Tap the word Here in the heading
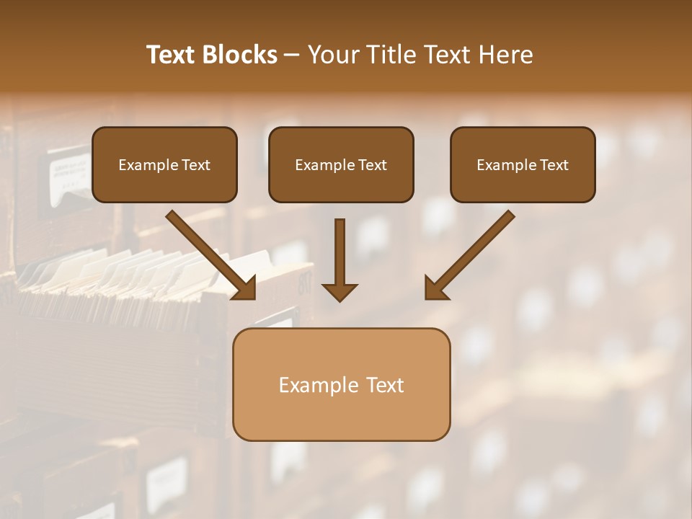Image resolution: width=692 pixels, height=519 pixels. [x=505, y=55]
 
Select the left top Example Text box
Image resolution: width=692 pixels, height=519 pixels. [x=164, y=164]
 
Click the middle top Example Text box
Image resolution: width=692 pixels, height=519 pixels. [x=341, y=164]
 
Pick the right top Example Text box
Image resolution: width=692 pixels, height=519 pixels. [x=523, y=164]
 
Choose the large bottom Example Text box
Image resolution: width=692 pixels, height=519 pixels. [x=341, y=384]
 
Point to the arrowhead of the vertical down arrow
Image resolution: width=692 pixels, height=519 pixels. [x=340, y=293]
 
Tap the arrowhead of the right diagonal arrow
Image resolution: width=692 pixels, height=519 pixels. [x=435, y=289]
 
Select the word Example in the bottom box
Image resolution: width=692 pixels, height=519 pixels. [x=318, y=385]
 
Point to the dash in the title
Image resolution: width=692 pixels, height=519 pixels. [x=293, y=56]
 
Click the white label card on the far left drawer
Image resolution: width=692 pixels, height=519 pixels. [x=69, y=173]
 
